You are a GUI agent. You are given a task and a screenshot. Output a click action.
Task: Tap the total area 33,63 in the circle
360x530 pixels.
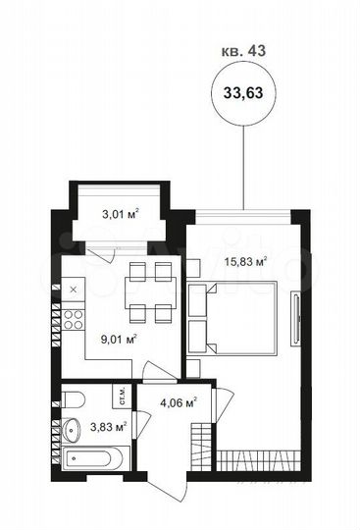[242, 93]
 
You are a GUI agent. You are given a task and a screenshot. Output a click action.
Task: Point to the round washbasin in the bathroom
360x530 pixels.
[73, 431]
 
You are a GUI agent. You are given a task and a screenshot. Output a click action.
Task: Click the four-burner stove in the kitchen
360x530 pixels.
[75, 318]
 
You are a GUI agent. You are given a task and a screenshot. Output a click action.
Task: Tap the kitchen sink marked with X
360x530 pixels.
[75, 289]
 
